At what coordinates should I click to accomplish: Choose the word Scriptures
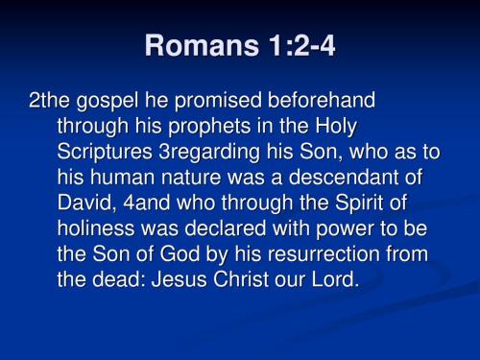(x=105, y=154)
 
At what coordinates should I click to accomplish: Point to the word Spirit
(x=349, y=205)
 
